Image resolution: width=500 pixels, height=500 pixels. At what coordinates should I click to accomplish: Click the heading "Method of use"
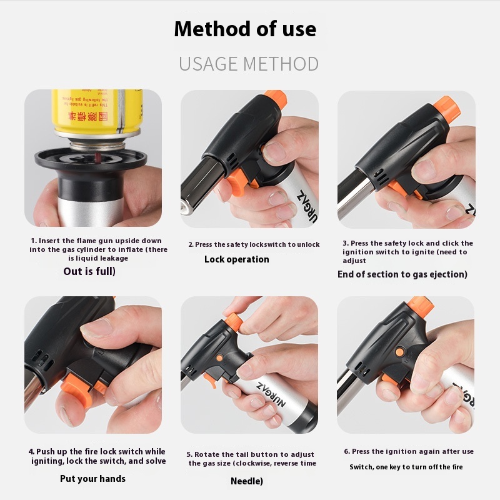click(245, 29)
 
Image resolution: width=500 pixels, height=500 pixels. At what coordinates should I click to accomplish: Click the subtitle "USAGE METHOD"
click(249, 64)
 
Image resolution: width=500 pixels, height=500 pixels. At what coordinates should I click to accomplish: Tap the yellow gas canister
click(97, 112)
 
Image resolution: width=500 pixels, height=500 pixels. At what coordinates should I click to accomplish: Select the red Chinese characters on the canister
click(88, 116)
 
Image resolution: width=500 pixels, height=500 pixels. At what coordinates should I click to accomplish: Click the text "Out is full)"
click(89, 271)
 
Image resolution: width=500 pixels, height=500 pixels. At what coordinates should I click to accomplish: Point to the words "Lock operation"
click(237, 259)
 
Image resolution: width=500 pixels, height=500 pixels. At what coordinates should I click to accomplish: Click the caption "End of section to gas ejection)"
click(402, 274)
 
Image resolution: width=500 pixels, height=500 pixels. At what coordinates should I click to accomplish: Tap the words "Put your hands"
click(92, 479)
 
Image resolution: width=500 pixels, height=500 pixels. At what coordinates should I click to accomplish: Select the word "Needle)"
click(247, 481)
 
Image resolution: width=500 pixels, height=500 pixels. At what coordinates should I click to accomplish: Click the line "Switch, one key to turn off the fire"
click(406, 467)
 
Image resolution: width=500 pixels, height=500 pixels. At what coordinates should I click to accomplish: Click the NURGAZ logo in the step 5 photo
click(271, 394)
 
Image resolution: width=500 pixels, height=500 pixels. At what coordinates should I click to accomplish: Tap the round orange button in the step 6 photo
click(399, 352)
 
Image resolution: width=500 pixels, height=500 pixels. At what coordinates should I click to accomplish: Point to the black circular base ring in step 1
click(91, 159)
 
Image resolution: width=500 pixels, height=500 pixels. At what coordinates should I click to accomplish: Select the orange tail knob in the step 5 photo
click(234, 321)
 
